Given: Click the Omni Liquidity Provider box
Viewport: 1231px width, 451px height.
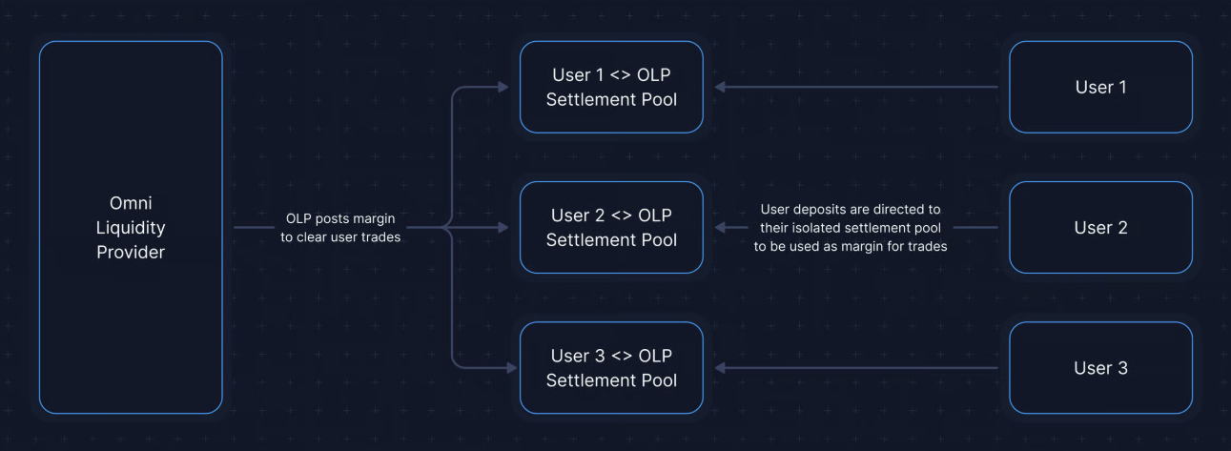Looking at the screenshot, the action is pos(131,227).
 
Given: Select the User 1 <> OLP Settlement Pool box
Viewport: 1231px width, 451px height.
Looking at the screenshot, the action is pos(611,87).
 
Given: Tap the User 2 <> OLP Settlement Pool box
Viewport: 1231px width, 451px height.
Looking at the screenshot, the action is pos(611,228).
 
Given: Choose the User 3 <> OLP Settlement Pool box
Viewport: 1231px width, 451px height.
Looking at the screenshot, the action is pos(611,367).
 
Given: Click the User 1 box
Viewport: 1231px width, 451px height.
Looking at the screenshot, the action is pos(1100,87).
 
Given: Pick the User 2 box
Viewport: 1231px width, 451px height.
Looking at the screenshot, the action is pos(1100,228).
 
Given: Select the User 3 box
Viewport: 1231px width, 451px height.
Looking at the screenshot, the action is pos(1100,367).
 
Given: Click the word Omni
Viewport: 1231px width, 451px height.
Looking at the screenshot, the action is pos(131,203).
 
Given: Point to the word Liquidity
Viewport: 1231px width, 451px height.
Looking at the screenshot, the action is pos(131,228).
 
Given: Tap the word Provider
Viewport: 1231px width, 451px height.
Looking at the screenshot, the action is pos(131,252).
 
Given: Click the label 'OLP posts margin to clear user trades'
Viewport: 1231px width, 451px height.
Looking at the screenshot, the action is pos(340,228).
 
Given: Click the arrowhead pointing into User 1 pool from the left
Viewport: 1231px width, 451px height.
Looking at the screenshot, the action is pos(503,87).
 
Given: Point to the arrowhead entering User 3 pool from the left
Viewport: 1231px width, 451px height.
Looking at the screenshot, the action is pos(512,367).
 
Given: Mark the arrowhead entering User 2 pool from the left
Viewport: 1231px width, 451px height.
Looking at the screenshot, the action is pos(503,228).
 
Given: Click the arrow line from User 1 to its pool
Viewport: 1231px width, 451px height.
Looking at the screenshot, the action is pos(856,87).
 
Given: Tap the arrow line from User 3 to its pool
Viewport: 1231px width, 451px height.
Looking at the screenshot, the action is pos(856,367).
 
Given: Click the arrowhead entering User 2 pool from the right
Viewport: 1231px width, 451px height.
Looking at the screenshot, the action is pos(720,228).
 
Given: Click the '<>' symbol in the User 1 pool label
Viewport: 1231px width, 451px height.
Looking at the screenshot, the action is pos(620,75).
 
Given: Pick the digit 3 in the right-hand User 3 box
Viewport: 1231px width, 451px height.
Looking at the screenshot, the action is pos(1122,367).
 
